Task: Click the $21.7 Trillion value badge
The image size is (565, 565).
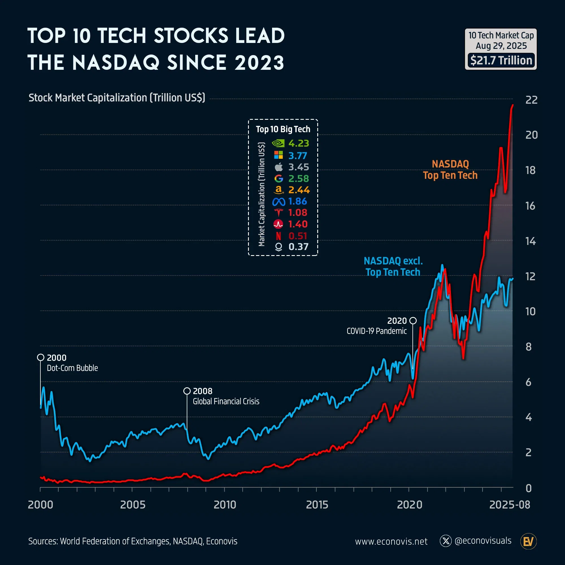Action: [x=501, y=60]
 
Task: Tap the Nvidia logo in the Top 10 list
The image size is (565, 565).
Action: [x=278, y=143]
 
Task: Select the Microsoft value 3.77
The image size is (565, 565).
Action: [x=298, y=156]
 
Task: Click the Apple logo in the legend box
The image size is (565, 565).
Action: [x=279, y=167]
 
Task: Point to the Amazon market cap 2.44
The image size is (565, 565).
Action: [x=299, y=190]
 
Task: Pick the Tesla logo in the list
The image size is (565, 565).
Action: [x=279, y=213]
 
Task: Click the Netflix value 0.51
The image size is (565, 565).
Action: [x=298, y=236]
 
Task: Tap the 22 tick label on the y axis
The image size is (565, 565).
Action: [x=531, y=100]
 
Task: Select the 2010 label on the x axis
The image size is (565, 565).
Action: [x=225, y=505]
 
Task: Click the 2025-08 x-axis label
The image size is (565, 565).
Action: [x=509, y=505]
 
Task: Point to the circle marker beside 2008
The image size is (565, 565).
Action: [x=187, y=391]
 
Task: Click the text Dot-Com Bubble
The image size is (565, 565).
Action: [x=72, y=368]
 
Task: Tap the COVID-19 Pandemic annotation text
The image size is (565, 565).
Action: [x=376, y=331]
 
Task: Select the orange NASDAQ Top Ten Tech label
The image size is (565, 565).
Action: [x=450, y=169]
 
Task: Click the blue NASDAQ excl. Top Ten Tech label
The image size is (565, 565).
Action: [x=393, y=266]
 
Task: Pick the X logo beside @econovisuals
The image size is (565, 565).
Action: [x=446, y=541]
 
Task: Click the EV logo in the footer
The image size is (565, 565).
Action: [x=529, y=541]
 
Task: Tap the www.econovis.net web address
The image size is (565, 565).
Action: [x=391, y=541]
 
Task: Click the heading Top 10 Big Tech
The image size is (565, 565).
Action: [x=283, y=129]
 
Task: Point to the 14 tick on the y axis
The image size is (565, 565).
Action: [x=531, y=241]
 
